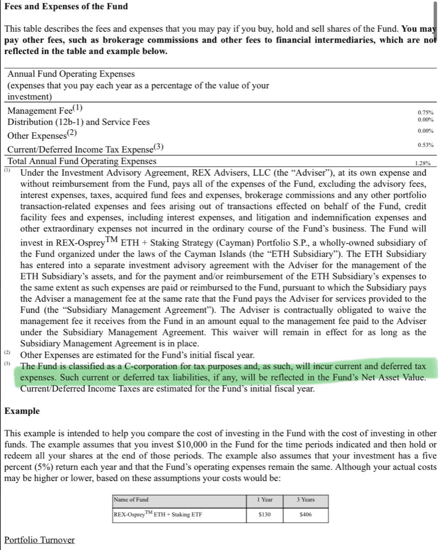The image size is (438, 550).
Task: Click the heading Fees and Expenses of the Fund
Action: [x=66, y=7]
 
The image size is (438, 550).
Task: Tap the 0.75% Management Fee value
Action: [x=425, y=113]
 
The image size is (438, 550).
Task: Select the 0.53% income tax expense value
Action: [x=425, y=145]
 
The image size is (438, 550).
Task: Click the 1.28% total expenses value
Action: [x=423, y=163]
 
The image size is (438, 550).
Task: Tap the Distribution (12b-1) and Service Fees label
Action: [x=79, y=122]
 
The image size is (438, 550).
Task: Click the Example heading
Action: [x=22, y=411]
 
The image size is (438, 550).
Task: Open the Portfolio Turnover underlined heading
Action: [x=40, y=540]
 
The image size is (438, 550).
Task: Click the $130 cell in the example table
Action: [x=264, y=515]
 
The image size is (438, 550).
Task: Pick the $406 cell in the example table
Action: [x=306, y=515]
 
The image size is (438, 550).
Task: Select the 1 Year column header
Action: [x=264, y=500]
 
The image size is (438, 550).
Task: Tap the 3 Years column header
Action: [x=305, y=500]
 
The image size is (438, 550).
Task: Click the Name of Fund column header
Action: [x=131, y=500]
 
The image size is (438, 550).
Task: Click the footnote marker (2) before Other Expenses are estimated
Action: [x=7, y=352]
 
